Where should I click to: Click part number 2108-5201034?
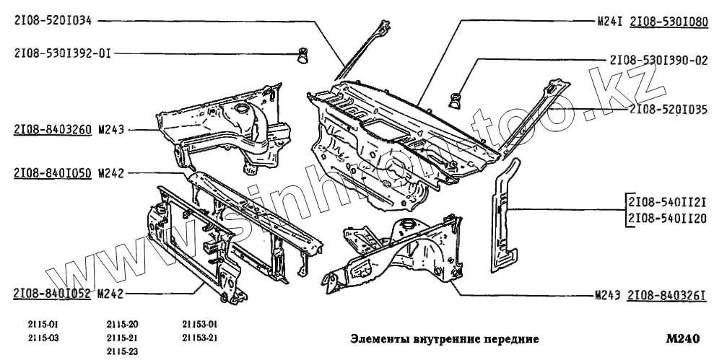(52, 22)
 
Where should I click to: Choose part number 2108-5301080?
(668, 22)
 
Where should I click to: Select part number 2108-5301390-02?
(658, 61)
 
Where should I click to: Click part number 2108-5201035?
(668, 110)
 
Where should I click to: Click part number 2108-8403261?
(666, 295)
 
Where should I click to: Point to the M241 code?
(610, 22)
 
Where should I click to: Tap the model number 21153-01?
(199, 324)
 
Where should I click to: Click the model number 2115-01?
(43, 324)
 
